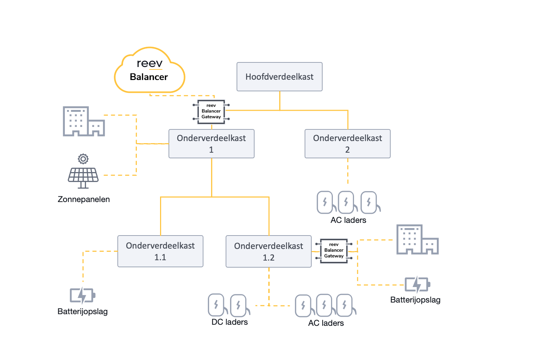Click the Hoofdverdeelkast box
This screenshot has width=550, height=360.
(280, 77)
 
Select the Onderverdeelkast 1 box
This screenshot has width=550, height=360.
(212, 144)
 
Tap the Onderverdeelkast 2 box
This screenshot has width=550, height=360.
(347, 144)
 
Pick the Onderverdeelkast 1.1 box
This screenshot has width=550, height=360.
(160, 251)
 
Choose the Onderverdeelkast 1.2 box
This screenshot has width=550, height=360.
(269, 251)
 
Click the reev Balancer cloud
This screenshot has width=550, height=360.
(149, 70)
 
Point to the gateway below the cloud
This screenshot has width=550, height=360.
(211, 112)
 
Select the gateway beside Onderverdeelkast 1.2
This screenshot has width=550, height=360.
(334, 251)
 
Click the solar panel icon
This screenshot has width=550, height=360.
(83, 178)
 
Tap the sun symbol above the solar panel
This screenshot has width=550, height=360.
(83, 159)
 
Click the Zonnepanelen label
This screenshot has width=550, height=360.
(84, 199)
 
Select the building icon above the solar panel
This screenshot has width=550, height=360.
(84, 121)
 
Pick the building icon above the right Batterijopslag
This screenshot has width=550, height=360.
(418, 239)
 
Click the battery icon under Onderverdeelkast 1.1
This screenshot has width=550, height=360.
(82, 295)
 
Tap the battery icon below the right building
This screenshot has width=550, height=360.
(417, 284)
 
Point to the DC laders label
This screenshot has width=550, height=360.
(230, 322)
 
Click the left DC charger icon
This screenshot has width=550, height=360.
(216, 305)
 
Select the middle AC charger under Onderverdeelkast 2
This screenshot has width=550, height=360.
(347, 202)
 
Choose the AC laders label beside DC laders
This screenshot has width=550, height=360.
(326, 323)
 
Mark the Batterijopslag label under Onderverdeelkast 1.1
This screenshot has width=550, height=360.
(82, 311)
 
